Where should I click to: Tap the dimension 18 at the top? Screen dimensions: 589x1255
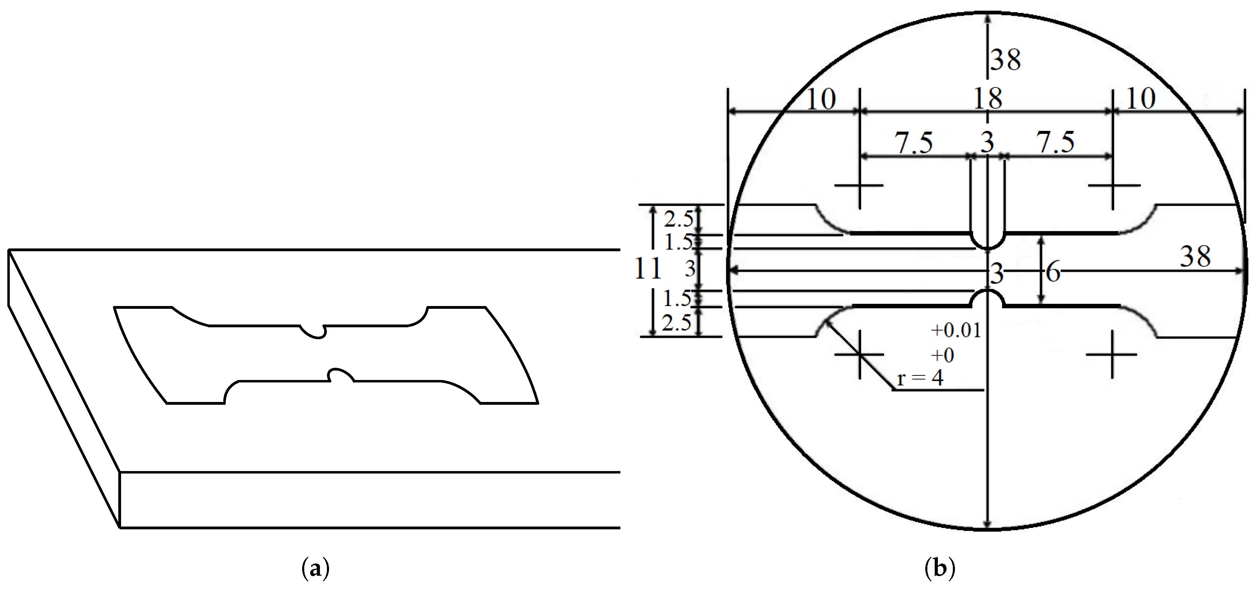coord(987,99)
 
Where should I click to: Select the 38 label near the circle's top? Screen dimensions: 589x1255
coord(1006,60)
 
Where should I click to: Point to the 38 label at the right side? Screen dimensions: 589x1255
coord(1195,257)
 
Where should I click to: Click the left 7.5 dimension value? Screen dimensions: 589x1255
coord(913,143)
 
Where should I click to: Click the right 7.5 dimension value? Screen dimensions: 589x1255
coord(1055,143)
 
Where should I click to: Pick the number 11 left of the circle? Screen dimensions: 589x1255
coord(648,268)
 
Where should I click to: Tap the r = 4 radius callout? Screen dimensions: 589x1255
coord(920,378)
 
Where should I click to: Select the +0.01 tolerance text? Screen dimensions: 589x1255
coord(955,331)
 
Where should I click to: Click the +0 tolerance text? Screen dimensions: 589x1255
coord(942,356)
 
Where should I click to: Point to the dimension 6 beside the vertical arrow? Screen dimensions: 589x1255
coord(1053,272)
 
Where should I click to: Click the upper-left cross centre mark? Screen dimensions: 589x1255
coord(859,186)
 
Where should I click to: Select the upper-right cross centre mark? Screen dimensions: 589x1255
coord(1113,186)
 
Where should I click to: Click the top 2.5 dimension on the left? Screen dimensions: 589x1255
coord(679,220)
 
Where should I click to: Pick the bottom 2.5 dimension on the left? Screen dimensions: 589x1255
coord(677,322)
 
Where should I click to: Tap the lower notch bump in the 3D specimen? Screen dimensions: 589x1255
coord(341,375)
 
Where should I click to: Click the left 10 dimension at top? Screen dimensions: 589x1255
coord(821,100)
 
